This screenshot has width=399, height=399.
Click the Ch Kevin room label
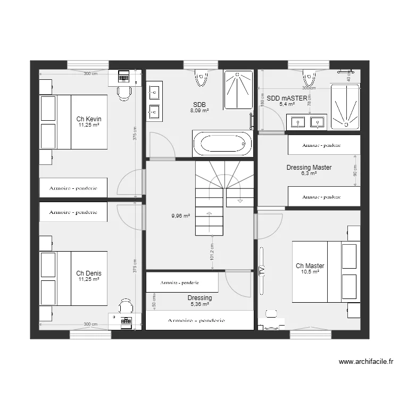(89, 119)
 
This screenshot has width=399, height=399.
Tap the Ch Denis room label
(89, 273)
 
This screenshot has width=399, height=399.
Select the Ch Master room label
(310, 266)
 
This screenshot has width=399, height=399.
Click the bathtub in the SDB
(222, 144)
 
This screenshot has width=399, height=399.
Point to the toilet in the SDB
(201, 78)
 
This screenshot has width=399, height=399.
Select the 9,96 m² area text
(181, 216)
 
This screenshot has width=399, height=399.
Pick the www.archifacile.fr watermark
(366, 362)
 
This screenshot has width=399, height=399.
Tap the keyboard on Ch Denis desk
(126, 321)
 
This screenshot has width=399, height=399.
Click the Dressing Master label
(309, 168)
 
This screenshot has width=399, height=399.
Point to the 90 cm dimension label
(355, 171)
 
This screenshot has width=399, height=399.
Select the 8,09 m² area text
(199, 111)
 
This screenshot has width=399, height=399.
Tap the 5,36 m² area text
(199, 304)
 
